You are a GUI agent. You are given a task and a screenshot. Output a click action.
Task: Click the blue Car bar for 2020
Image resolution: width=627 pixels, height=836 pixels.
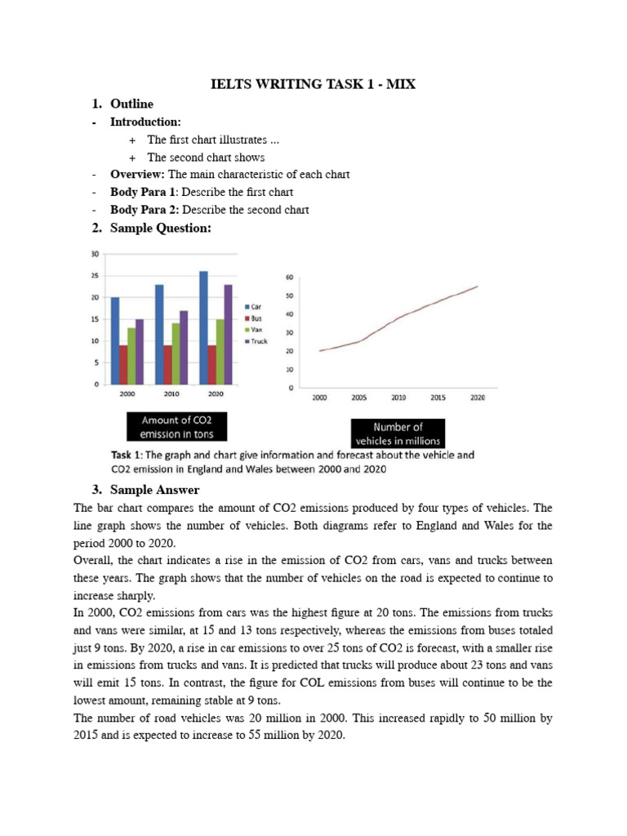[202, 327]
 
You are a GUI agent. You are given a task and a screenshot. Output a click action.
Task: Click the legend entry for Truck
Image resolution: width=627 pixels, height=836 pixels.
[258, 341]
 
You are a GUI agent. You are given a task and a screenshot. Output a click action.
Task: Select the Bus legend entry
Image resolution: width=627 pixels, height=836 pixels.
[256, 318]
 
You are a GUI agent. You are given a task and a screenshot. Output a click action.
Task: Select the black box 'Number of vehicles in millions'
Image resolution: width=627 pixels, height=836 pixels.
[398, 434]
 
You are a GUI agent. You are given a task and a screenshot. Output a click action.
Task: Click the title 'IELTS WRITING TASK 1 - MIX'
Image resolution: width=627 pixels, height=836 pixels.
[313, 85]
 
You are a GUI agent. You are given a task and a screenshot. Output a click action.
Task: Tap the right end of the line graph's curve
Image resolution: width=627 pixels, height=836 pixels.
[478, 287]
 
